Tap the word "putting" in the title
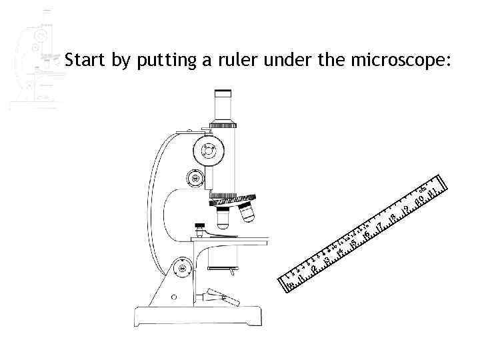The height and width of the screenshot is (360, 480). coord(161,61)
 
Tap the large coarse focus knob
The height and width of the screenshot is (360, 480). coord(210,151)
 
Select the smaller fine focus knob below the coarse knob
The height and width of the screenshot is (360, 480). coord(195,178)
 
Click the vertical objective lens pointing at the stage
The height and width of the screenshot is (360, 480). coord(223,217)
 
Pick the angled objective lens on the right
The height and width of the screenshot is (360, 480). coord(247,213)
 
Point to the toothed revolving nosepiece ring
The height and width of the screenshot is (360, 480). coord(233,198)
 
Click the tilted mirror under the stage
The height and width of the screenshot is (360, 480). coord(223,297)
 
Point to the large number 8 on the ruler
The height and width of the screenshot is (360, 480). coord(393,216)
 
